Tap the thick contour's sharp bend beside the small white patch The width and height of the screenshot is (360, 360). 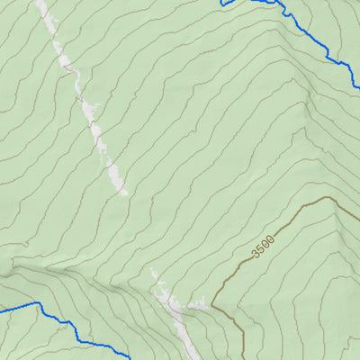pyautogui.click(x=213, y=303)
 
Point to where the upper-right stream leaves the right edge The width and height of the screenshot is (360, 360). pyautogui.click(x=357, y=88)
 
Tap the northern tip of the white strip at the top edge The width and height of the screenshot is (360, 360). pyautogui.click(x=40, y=3)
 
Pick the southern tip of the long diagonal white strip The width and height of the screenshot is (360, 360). pyautogui.click(x=122, y=193)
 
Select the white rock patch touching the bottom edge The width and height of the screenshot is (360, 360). pyautogui.click(x=184, y=346)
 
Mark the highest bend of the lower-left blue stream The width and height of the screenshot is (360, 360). pyautogui.click(x=38, y=303)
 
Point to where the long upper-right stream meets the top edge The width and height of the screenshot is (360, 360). pyautogui.click(x=270, y=2)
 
